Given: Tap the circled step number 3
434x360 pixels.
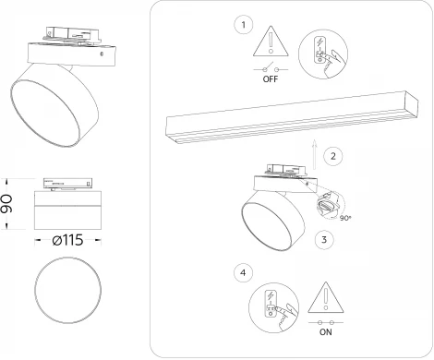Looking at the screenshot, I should pos(320,238).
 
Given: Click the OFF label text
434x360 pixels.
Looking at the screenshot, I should pos(270,79).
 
